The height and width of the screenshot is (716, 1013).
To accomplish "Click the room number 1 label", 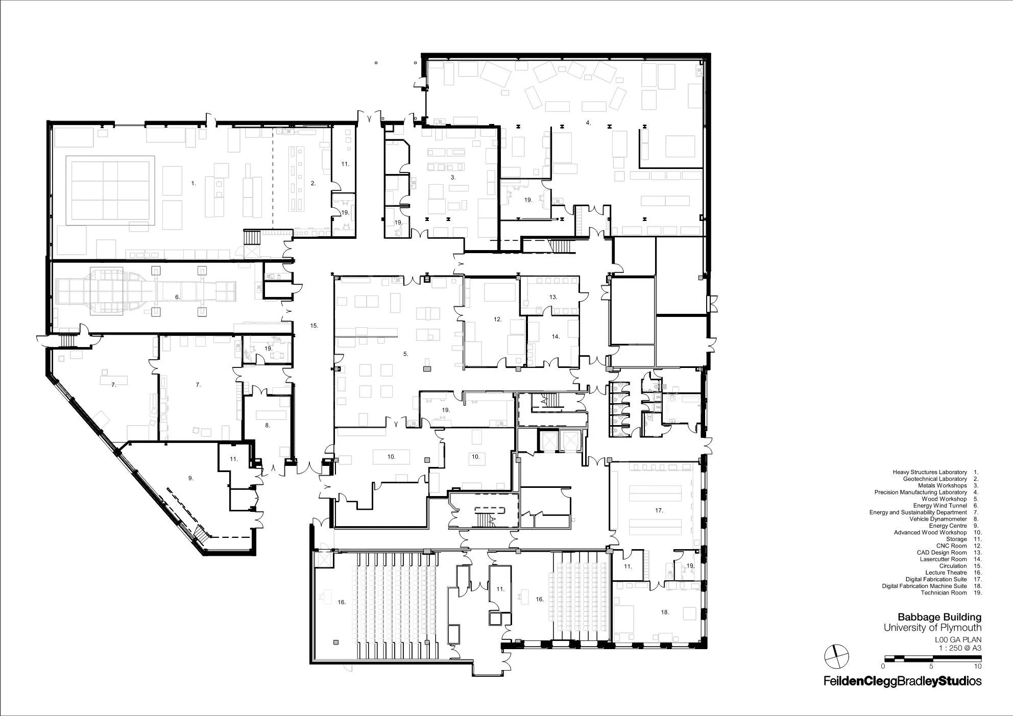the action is pyautogui.click(x=194, y=183).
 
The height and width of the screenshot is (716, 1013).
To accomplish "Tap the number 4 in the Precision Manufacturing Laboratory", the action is pyautogui.click(x=588, y=122).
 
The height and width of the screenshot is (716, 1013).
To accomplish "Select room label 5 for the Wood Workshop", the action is pyautogui.click(x=406, y=354).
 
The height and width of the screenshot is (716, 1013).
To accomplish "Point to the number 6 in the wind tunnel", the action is pyautogui.click(x=178, y=297).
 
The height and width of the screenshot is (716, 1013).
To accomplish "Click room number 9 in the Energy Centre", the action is pyautogui.click(x=190, y=478).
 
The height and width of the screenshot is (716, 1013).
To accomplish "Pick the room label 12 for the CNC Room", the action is pyautogui.click(x=498, y=319).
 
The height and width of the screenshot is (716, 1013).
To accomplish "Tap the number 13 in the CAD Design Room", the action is pyautogui.click(x=553, y=297).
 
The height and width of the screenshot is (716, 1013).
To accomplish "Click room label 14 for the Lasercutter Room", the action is pyautogui.click(x=556, y=336).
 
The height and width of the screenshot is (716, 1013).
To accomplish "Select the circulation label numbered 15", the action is pyautogui.click(x=314, y=326).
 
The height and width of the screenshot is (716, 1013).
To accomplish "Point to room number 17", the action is pyautogui.click(x=659, y=510).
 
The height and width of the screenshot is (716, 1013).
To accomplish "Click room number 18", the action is pyautogui.click(x=665, y=612).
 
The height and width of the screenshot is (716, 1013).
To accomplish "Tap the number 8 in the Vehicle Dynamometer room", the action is pyautogui.click(x=267, y=425).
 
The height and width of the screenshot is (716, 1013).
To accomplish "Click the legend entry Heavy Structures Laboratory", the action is pyautogui.click(x=930, y=473).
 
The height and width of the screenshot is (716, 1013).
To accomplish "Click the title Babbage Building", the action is pyautogui.click(x=939, y=618).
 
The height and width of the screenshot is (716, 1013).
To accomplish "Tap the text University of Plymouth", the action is pyautogui.click(x=933, y=628).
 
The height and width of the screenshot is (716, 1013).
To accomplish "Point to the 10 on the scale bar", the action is pyautogui.click(x=978, y=666).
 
